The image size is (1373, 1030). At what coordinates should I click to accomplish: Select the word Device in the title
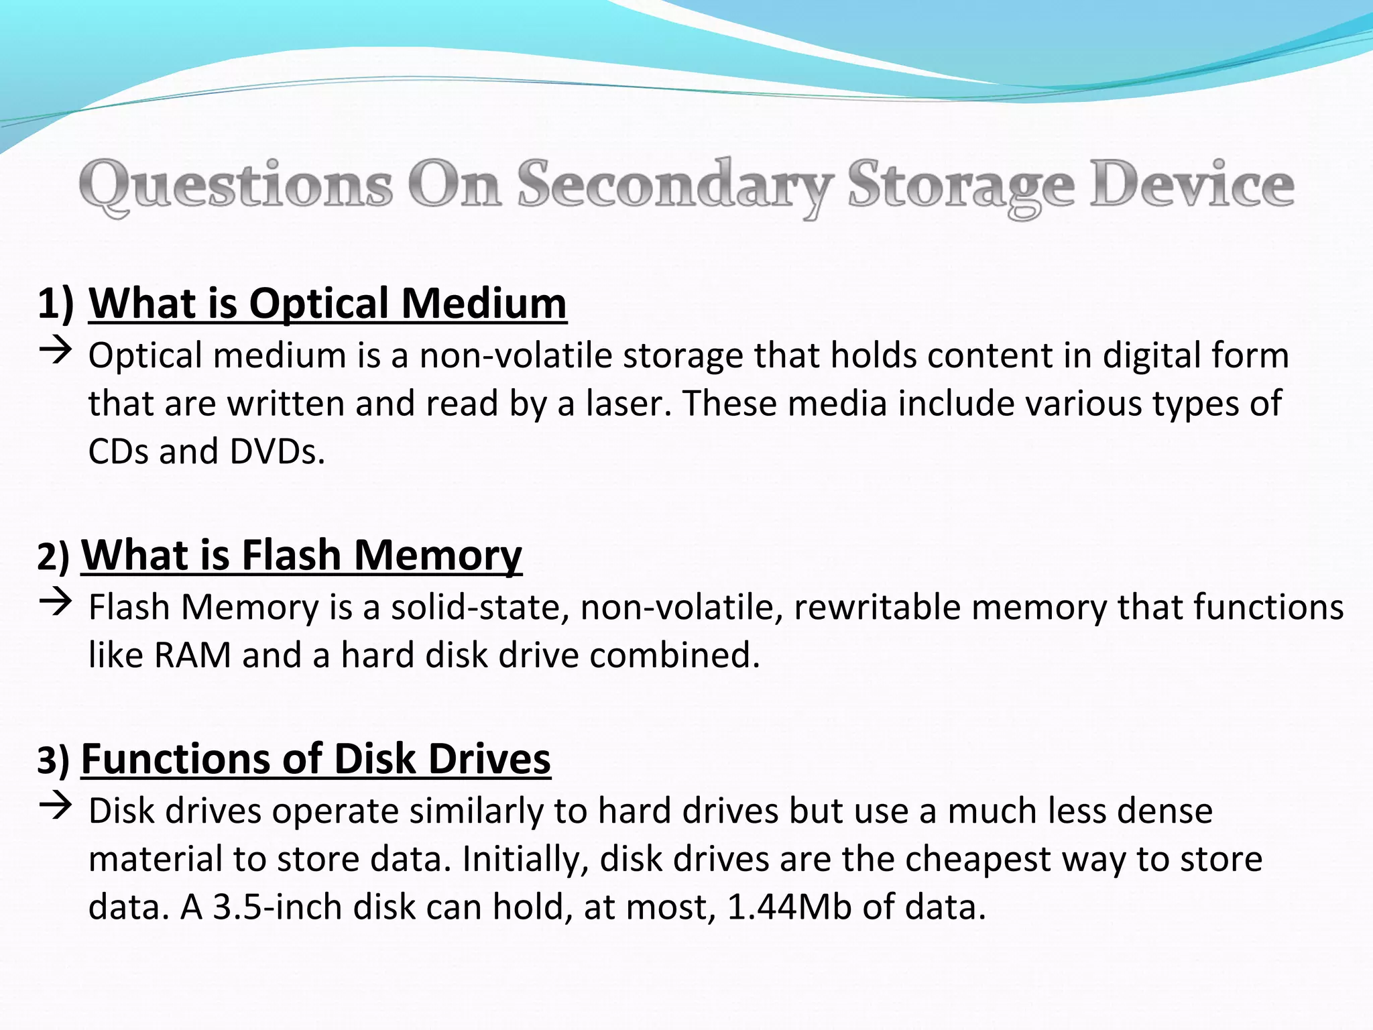(x=1191, y=184)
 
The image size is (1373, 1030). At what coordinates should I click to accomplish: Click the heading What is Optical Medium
(x=327, y=303)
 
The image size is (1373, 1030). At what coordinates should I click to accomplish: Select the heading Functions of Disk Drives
(x=316, y=759)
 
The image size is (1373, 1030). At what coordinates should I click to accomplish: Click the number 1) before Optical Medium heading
(x=56, y=303)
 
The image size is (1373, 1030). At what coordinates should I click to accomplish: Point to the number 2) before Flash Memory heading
(x=53, y=557)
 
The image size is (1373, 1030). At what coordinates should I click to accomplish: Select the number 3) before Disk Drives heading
(x=53, y=760)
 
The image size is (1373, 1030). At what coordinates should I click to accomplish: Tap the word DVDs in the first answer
(x=277, y=452)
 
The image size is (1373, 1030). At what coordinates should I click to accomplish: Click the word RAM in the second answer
(x=193, y=655)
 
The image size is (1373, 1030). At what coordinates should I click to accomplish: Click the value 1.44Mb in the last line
(x=789, y=907)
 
